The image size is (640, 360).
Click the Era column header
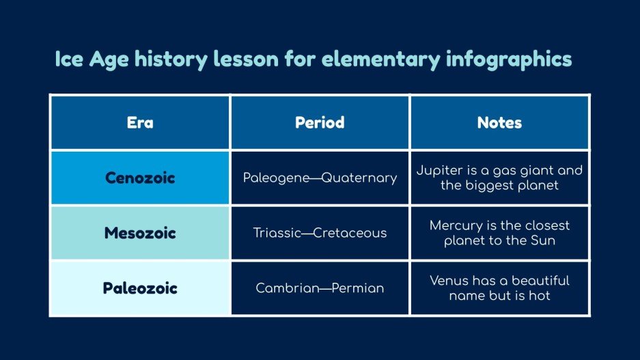tap(140, 123)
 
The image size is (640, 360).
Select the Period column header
tap(320, 123)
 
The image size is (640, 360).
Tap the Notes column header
tap(499, 123)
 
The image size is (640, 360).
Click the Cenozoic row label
tap(140, 178)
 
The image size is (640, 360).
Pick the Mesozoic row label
tap(140, 233)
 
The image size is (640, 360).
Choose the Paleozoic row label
tap(140, 288)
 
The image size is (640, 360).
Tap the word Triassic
tap(277, 234)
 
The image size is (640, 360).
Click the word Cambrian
tap(283, 288)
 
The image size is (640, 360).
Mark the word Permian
tap(358, 288)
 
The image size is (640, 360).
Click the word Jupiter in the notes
tap(439, 171)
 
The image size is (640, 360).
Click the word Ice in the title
tap(69, 60)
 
